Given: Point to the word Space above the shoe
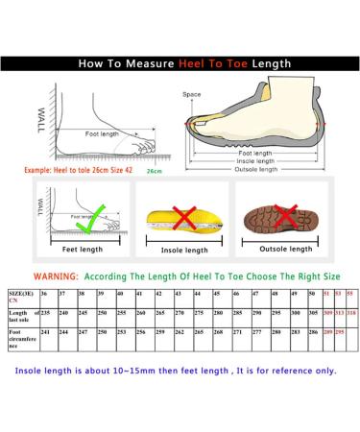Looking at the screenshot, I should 192,94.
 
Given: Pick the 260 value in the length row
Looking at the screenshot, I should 140,312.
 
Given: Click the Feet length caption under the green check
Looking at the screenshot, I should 82,249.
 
